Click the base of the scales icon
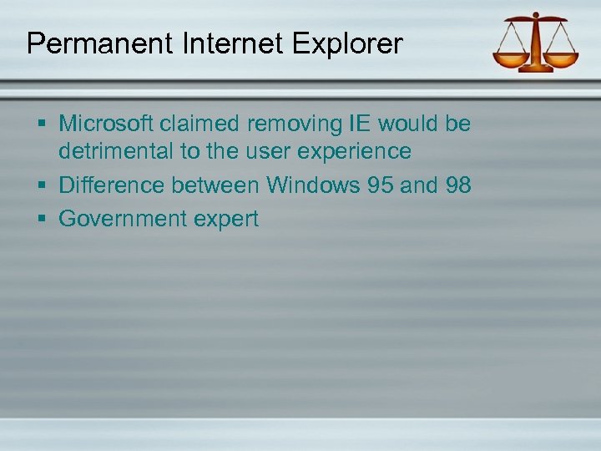pyautogui.click(x=537, y=68)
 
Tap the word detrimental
pyautogui.click(x=117, y=151)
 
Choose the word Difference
pyautogui.click(x=113, y=185)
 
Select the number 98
pyautogui.click(x=457, y=185)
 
